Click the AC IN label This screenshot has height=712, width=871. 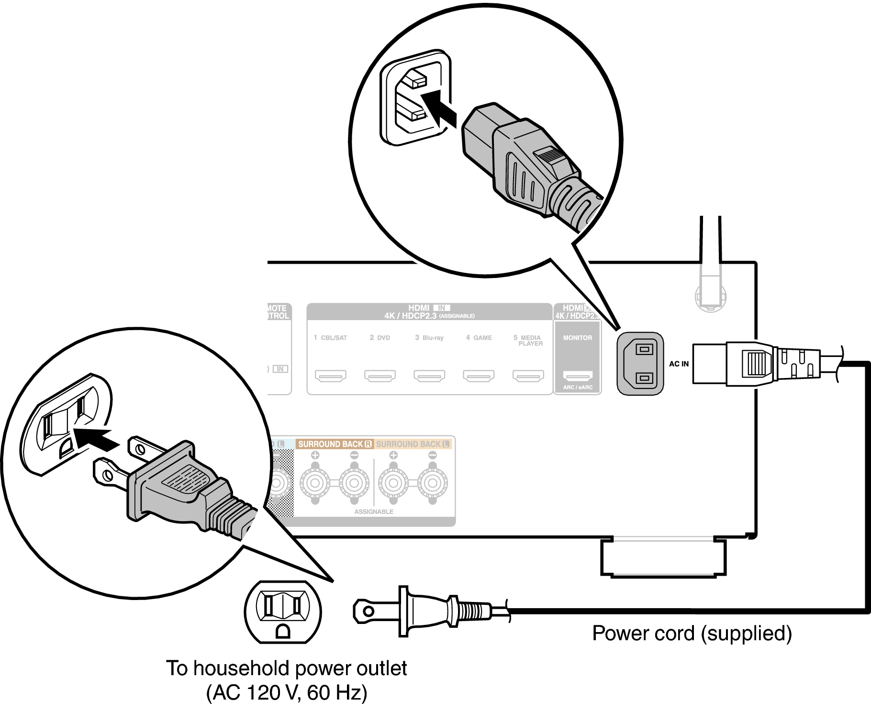[679, 364]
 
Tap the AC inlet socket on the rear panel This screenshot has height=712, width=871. [640, 364]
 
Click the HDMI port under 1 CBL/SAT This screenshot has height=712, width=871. [330, 376]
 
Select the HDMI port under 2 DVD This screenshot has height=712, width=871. [380, 376]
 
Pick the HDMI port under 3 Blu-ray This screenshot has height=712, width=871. [429, 376]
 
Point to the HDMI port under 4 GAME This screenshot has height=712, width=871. [479, 376]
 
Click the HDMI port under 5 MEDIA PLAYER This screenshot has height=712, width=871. [528, 376]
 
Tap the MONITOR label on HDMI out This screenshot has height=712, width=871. [577, 338]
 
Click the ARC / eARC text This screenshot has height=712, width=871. [578, 388]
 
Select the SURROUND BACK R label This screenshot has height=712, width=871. [335, 444]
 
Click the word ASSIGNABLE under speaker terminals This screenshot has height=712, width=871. [374, 512]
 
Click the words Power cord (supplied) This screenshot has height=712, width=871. [692, 634]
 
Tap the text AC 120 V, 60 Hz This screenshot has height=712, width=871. [287, 693]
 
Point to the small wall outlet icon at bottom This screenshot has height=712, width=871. [283, 612]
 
